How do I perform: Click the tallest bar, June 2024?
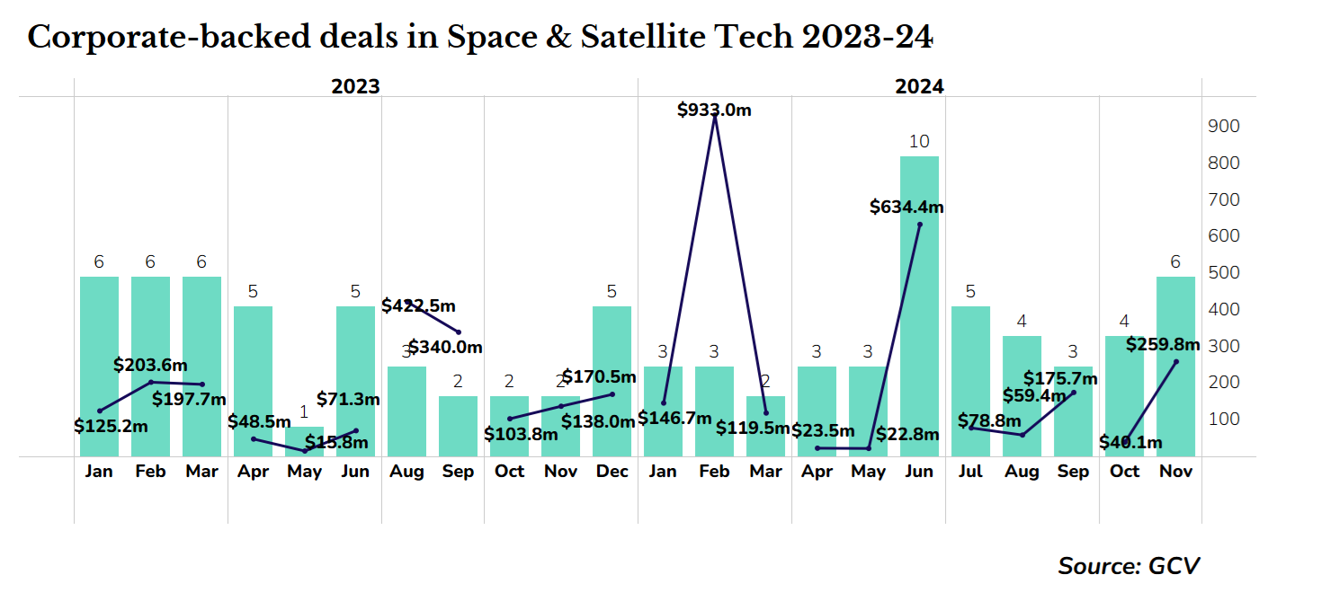pyautogui.click(x=919, y=305)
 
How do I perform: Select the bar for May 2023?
pyautogui.click(x=304, y=441)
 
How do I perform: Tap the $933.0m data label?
pyautogui.click(x=714, y=110)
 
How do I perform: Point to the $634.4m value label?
pyautogui.click(x=906, y=208)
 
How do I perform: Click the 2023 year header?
pyautogui.click(x=355, y=87)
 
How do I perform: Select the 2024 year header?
pyautogui.click(x=919, y=87)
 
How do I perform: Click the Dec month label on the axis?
pyautogui.click(x=611, y=472)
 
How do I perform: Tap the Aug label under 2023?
pyautogui.click(x=406, y=472)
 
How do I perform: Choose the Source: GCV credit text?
pyautogui.click(x=1129, y=566)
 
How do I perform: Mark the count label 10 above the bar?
pyautogui.click(x=919, y=142)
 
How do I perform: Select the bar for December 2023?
pyautogui.click(x=611, y=382)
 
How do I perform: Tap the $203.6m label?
pyautogui.click(x=150, y=365)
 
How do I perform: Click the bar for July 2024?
pyautogui.click(x=970, y=382)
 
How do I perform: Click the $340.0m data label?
pyautogui.click(x=445, y=348)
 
